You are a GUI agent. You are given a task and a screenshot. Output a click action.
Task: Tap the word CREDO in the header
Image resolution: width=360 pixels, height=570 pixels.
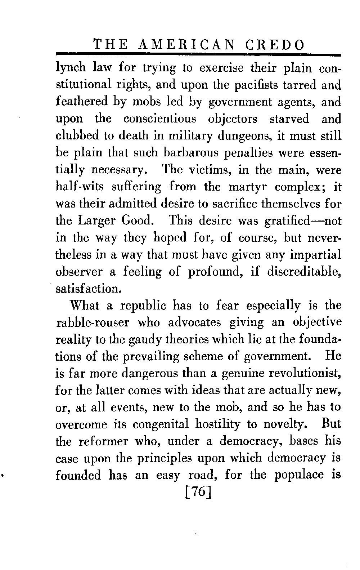[274, 45]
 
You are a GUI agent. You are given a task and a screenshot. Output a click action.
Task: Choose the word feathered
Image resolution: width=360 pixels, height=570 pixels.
[82, 102]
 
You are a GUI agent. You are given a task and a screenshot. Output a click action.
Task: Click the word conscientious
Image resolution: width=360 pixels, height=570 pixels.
[160, 119]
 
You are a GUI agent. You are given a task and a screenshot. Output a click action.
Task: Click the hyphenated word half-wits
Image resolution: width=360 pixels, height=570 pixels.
[80, 187]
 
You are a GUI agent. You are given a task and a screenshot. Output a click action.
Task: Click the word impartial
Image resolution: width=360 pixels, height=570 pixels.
[315, 255]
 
